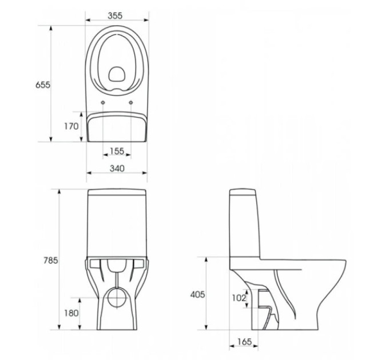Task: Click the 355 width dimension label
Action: [115, 15]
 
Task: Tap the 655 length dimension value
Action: [43, 85]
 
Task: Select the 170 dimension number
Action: [71, 126]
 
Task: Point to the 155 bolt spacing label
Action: [117, 151]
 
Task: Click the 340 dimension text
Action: [117, 169]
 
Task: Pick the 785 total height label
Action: [50, 261]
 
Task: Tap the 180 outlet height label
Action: [71, 313]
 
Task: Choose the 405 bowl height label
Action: [198, 295]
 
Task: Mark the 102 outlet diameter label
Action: [239, 298]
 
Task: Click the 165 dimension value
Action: [244, 342]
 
